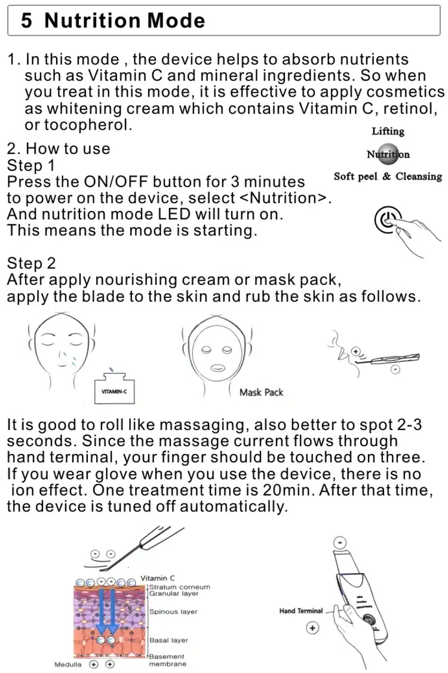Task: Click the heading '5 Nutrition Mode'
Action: (x=113, y=20)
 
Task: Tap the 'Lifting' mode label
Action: (x=388, y=131)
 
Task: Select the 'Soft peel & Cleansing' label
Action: (x=388, y=176)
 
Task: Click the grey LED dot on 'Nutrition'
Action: (x=388, y=154)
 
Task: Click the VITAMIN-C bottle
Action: (x=114, y=388)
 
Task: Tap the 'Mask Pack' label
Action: (x=261, y=392)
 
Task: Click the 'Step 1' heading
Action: (x=31, y=165)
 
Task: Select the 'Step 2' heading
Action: (x=31, y=263)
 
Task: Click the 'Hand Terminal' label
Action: (x=300, y=611)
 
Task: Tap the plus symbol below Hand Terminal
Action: (x=312, y=628)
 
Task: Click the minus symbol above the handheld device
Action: (x=340, y=542)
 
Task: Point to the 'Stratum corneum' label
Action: (x=180, y=587)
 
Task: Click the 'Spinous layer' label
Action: (x=173, y=611)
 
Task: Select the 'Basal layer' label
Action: (x=168, y=640)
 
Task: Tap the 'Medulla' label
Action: (x=68, y=665)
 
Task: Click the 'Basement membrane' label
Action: (x=167, y=660)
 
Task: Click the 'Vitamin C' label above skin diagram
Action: (x=158, y=578)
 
